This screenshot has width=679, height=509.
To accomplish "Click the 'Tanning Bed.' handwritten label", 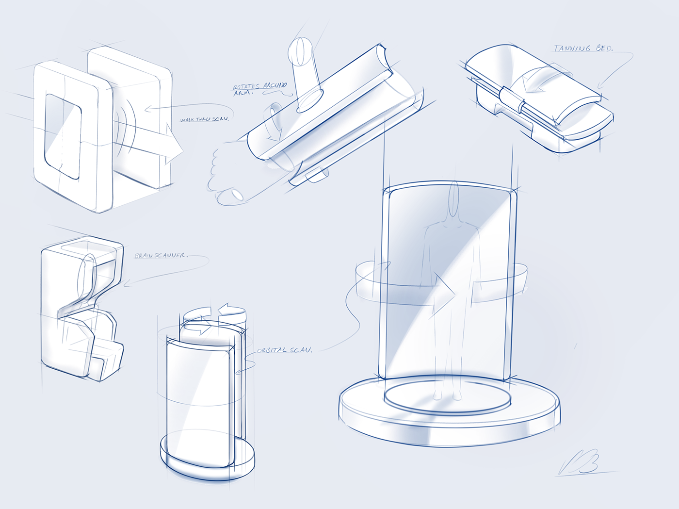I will (583, 48).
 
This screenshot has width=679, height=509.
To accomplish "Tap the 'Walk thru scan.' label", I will (204, 119).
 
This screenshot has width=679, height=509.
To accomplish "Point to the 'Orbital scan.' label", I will (284, 350).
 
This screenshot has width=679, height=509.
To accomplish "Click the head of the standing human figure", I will (453, 199).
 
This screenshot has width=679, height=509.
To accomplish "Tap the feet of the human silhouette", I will (447, 395).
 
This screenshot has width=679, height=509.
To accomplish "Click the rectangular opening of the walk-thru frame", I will (63, 136).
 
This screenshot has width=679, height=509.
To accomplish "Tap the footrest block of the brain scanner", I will (109, 359).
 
